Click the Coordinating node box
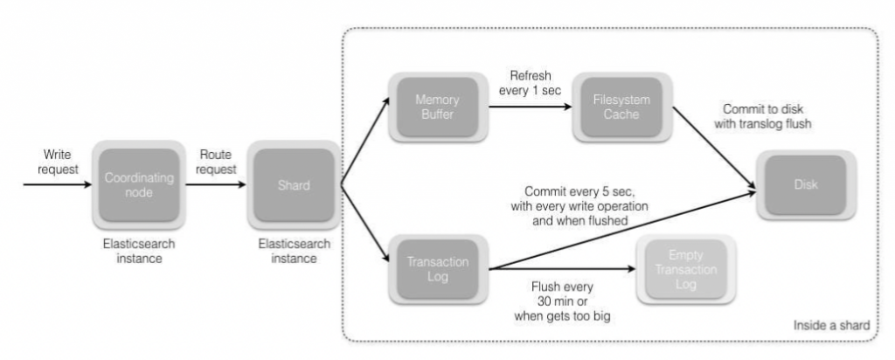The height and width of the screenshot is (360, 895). tap(140, 184)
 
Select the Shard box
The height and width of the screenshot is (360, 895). tap(294, 184)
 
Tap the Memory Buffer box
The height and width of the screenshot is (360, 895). tap(437, 107)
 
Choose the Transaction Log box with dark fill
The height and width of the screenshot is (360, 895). tap(437, 268)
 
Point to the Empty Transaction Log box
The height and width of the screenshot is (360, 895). tap(684, 268)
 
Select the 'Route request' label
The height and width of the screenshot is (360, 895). tap(216, 162)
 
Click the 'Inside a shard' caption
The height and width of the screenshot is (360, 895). tap(830, 325)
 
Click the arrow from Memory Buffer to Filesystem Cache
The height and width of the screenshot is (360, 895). tap(529, 107)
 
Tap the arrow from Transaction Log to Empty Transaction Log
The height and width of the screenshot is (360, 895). tap(559, 270)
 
